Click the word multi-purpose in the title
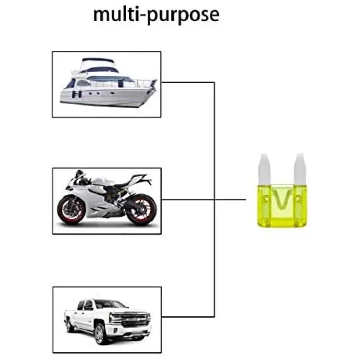156,15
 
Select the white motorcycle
107,198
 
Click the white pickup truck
108,321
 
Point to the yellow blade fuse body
282,206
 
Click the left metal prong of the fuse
264,169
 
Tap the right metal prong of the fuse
300,169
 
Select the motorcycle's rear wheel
142,209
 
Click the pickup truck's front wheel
100,334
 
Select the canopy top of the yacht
98,60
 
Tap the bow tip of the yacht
156,80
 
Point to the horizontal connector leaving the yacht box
188,82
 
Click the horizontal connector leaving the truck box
188,317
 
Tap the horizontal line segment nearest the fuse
230,200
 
